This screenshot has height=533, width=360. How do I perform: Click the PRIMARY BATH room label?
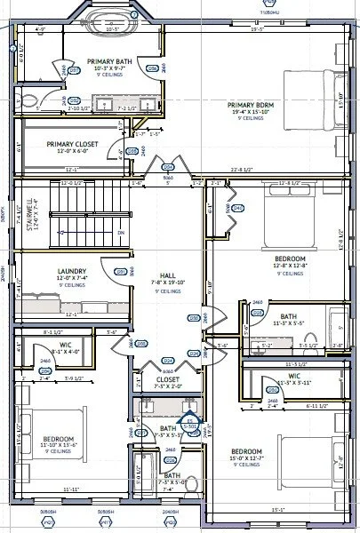pyautogui.click(x=109, y=62)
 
